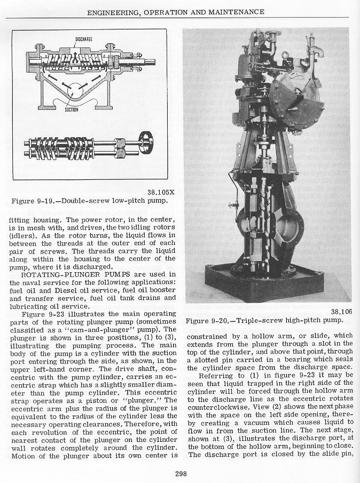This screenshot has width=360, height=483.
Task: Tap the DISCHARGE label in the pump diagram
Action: (x=84, y=39)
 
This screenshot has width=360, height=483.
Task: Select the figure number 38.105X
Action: (x=160, y=193)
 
